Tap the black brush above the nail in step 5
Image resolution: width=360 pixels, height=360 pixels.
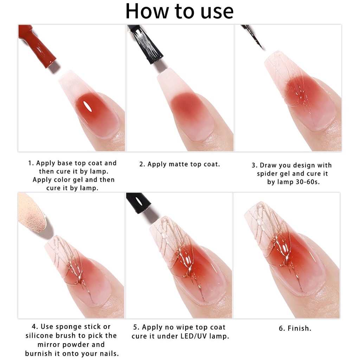[x=138, y=203]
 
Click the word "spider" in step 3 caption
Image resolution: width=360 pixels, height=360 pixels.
[x=266, y=174]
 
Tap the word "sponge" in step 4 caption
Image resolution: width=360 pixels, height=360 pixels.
[x=69, y=327]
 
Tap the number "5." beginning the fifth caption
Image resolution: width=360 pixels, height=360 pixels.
[x=136, y=327]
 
